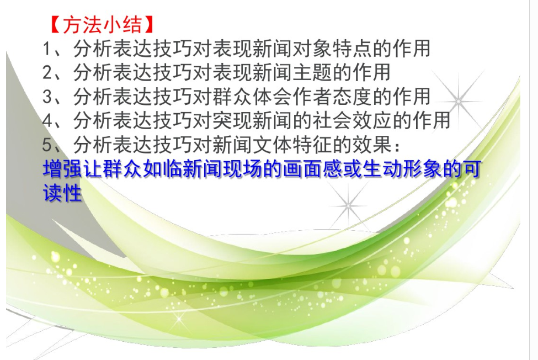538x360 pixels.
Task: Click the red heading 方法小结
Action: click(102, 24)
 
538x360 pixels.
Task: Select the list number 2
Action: click(47, 72)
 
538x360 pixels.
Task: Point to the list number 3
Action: click(47, 97)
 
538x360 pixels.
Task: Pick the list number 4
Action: click(47, 120)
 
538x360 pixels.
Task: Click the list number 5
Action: click(47, 145)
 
